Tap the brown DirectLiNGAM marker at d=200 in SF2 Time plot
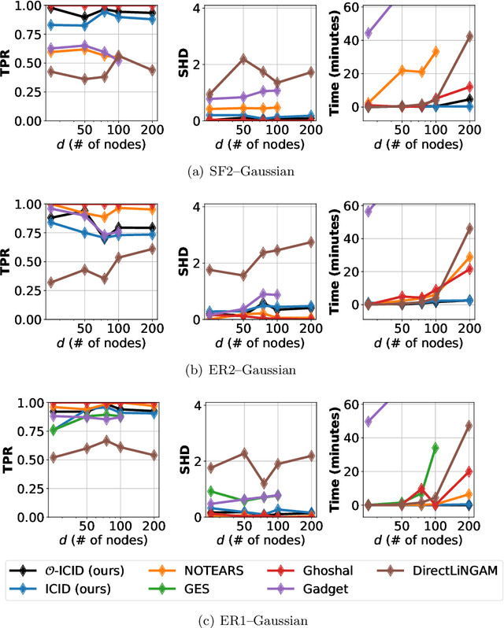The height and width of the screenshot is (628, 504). (x=469, y=36)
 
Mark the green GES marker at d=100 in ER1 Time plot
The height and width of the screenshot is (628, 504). (x=435, y=448)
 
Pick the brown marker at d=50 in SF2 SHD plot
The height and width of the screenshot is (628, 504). (x=243, y=59)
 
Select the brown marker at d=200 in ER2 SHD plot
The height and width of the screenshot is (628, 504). (x=310, y=242)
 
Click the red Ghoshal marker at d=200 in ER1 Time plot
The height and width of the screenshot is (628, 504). (x=469, y=471)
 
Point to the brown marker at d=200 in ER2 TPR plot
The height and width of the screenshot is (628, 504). (x=152, y=249)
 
